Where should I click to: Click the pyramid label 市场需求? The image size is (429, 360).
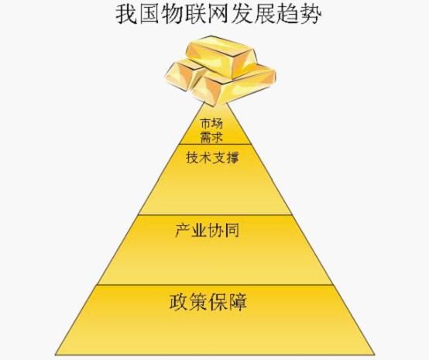(x=211, y=131)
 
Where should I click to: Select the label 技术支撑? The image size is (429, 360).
(x=212, y=158)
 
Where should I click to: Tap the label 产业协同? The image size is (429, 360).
(x=207, y=231)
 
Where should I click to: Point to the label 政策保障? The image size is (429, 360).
(x=208, y=302)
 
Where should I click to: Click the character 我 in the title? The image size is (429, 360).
(x=127, y=14)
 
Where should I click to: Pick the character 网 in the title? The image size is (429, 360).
(x=218, y=14)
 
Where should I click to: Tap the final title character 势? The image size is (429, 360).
(x=311, y=14)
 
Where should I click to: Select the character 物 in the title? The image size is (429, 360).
(x=173, y=14)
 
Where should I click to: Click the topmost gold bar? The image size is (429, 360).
(x=222, y=57)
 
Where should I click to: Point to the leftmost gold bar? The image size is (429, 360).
(x=183, y=76)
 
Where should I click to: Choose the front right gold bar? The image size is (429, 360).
(x=235, y=85)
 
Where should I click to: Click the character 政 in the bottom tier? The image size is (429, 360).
(x=179, y=302)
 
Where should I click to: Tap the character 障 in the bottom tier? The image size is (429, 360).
(x=238, y=302)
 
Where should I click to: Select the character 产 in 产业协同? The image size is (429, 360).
(x=183, y=231)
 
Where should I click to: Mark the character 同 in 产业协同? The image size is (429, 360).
(x=232, y=231)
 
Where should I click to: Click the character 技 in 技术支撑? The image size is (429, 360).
(x=192, y=158)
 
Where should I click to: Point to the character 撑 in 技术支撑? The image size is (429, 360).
(x=232, y=158)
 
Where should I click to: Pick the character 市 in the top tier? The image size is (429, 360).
(x=205, y=124)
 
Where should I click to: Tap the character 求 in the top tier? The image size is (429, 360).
(x=218, y=137)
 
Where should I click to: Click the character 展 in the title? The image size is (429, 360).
(x=264, y=14)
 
